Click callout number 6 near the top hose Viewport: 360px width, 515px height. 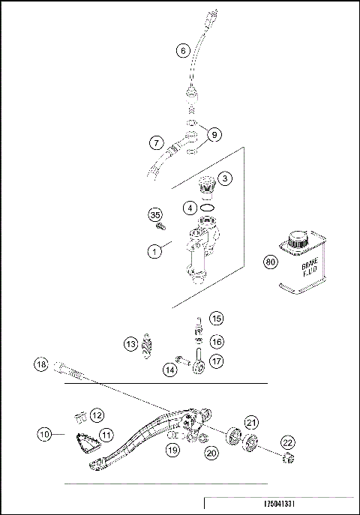pos(182,52)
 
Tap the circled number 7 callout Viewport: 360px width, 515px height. pos(156,142)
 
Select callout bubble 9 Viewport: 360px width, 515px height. pos(214,135)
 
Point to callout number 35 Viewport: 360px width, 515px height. pos(156,215)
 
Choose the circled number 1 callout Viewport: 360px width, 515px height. pos(154,252)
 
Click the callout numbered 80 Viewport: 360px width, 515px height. pos(271,262)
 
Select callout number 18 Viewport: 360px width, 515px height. pos(42,364)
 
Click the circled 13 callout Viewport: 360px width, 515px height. pos(131,344)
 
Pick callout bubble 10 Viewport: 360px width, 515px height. pos(45,433)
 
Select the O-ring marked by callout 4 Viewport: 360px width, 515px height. pos(210,208)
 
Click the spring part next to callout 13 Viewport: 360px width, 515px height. pos(149,348)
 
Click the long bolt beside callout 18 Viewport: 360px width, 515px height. pos(71,370)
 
